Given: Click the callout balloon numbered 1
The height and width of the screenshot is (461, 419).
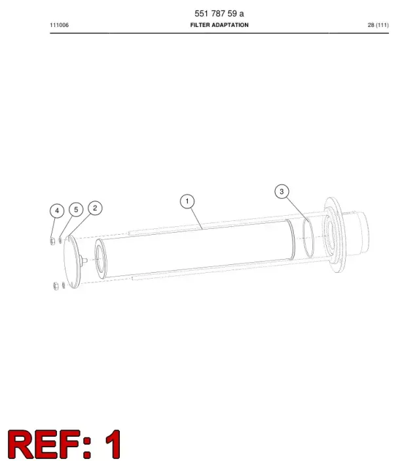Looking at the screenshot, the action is [187, 201].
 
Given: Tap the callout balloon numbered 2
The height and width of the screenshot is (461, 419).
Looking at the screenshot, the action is [95, 208].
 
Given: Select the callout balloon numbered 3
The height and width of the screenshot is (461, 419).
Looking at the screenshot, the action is [282, 191].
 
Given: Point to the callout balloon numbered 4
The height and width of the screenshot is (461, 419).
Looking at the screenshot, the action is [57, 210].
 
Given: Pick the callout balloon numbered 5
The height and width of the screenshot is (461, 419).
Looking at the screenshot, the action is [76, 210].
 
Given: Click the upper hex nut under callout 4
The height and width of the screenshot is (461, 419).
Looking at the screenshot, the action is [52, 241].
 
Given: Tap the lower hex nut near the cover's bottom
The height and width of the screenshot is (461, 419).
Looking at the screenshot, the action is [56, 286].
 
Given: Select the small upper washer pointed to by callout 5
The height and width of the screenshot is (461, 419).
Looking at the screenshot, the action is [60, 240].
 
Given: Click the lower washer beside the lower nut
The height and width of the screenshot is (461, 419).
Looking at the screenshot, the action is [64, 285].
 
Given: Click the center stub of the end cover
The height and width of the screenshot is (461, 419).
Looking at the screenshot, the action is [84, 260].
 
